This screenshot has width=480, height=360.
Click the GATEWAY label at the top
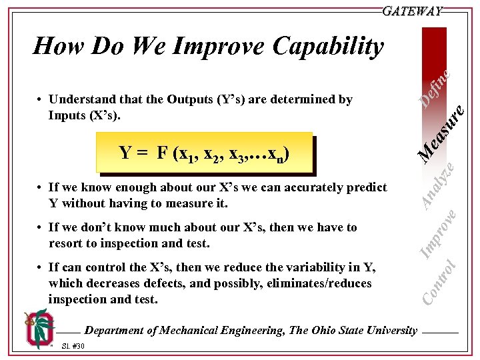tap(412, 11)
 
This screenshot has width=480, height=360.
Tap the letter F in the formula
tap(162, 153)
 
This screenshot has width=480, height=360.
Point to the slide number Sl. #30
tap(73, 346)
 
